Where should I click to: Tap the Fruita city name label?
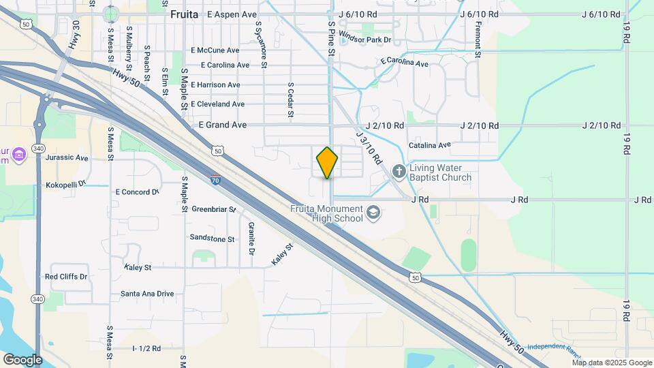click(x=184, y=14)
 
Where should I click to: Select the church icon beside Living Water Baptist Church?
click(x=399, y=171)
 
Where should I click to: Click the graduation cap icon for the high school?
click(x=373, y=213)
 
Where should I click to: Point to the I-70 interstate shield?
click(x=215, y=181)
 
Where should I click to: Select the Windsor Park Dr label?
click(x=364, y=39)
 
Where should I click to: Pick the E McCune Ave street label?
click(x=215, y=50)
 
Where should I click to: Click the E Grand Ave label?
click(x=223, y=125)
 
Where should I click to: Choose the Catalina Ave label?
click(x=430, y=145)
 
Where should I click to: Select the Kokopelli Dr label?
click(x=65, y=185)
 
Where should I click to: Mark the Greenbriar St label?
click(x=213, y=209)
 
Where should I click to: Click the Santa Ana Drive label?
click(x=146, y=294)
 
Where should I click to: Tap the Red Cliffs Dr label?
click(x=66, y=277)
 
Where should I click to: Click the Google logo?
click(x=22, y=359)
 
